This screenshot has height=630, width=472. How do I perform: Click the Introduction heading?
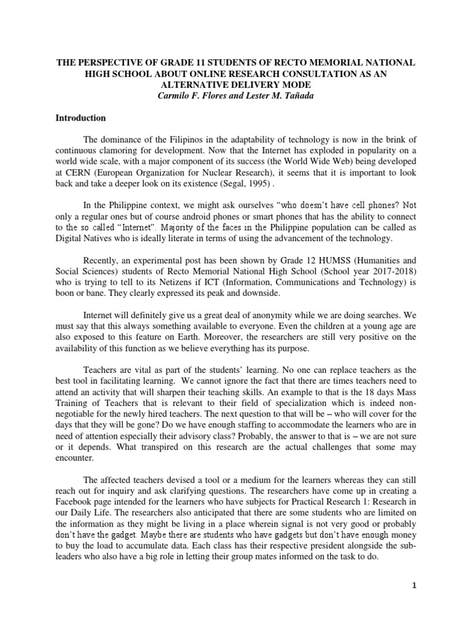[x=81, y=118]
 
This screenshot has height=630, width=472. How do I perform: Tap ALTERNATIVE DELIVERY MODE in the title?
[x=236, y=84]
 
